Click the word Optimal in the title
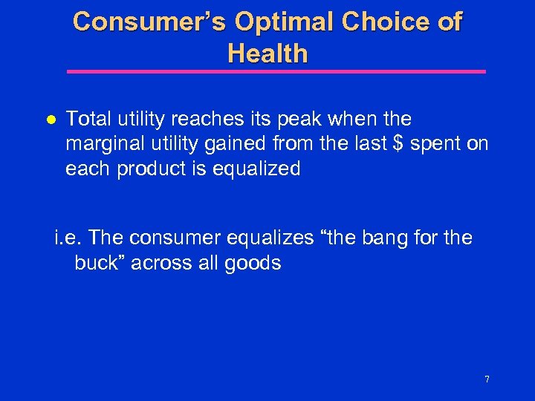(x=285, y=22)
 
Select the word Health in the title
(x=267, y=53)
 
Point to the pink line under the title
(x=276, y=72)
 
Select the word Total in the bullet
(x=88, y=120)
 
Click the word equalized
(x=256, y=169)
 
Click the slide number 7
(x=487, y=379)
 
